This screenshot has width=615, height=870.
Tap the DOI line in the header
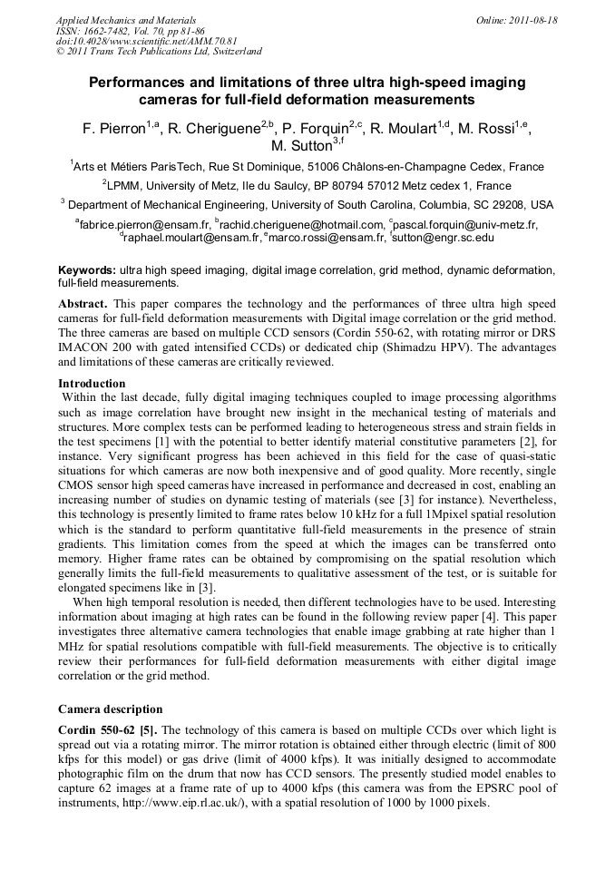(x=146, y=41)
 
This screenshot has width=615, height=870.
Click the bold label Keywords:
(x=87, y=271)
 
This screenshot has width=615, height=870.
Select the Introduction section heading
(x=93, y=384)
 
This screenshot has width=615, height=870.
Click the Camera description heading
(x=111, y=709)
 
